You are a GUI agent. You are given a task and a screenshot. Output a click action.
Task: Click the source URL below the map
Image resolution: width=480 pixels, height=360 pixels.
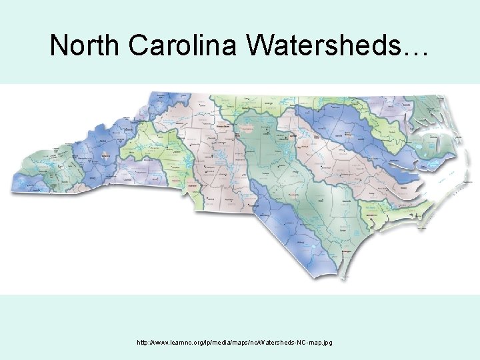coord(234,343)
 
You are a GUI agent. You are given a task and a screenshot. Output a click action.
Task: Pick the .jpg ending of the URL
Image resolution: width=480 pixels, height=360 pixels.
coord(325,343)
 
